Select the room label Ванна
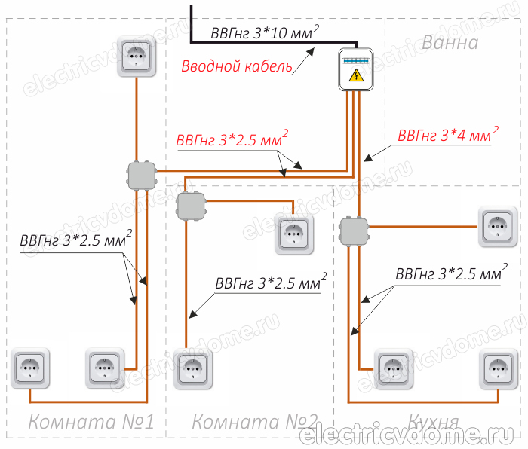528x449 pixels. pos(450,42)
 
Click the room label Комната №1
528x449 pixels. pos(91,422)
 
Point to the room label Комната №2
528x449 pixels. pos(255,422)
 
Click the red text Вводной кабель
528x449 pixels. pos(237,66)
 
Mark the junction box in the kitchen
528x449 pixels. pos(352,231)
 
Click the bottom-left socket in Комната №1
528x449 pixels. pos(29,368)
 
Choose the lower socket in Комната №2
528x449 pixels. pos(193,368)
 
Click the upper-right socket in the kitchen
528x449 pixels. pos(499,225)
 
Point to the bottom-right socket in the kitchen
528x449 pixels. pos(499,368)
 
